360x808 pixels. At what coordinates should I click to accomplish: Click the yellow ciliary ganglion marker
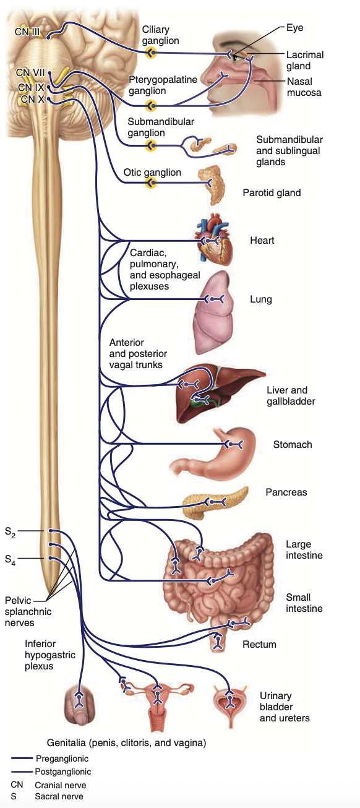coord(150,54)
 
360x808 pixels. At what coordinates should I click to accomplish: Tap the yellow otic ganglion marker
coord(150,183)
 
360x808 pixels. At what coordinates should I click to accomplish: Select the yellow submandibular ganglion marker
coord(150,145)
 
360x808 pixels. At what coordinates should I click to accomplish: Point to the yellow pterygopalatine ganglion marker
coord(150,105)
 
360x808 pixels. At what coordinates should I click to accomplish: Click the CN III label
coord(28,31)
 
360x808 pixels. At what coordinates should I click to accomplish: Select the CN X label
coord(32,99)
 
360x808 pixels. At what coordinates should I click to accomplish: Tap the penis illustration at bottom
coord(79,705)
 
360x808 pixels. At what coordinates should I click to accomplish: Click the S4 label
coord(11,559)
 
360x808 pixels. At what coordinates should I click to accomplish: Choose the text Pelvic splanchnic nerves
coord(28,611)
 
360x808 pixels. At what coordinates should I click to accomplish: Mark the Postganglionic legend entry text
coord(63,771)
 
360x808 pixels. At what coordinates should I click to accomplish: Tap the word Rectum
coord(259,644)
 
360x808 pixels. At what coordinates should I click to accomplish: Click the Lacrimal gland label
coord(304,60)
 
